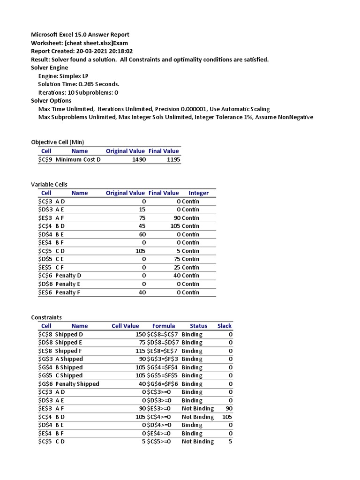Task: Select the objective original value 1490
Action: (139, 159)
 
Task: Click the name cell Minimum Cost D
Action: (78, 159)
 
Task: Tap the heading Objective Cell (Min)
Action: (58, 142)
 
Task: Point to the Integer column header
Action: (199, 193)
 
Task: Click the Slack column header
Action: (225, 326)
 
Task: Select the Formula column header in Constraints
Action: (164, 326)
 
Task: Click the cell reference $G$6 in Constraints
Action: (46, 384)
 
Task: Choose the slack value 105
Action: (227, 417)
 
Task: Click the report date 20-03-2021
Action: (93, 51)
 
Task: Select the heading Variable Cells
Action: (49, 184)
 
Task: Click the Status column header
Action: (198, 326)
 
